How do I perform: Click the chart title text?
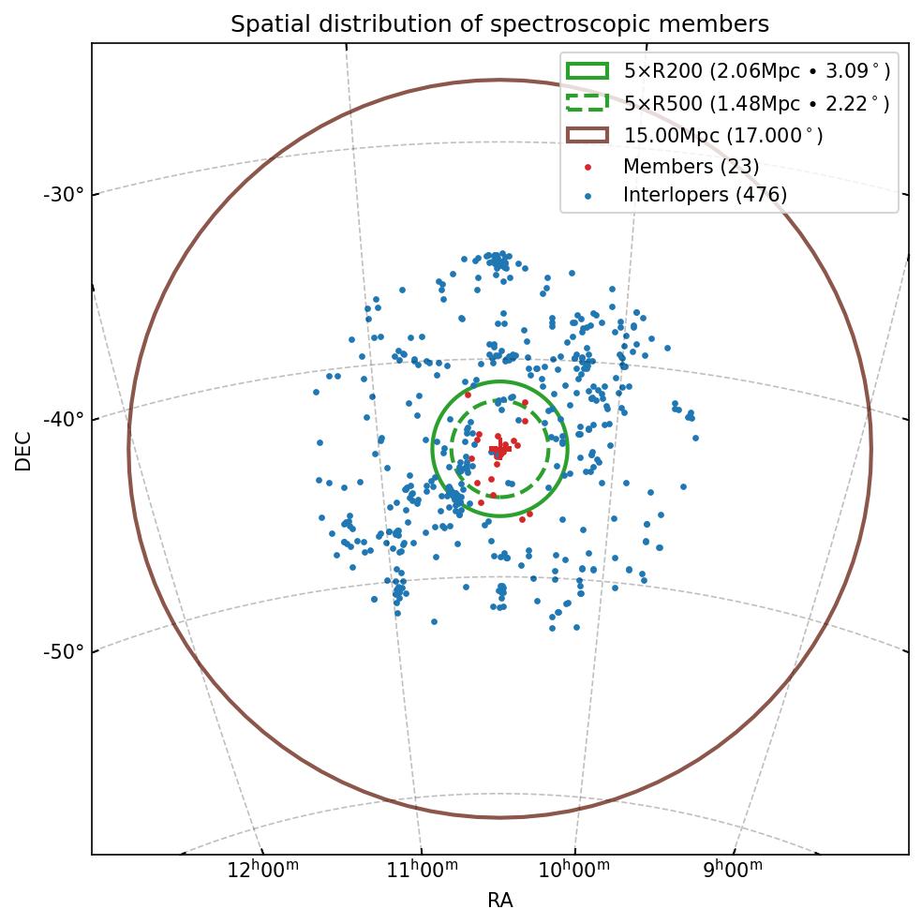pos(499,24)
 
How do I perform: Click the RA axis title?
pos(499,901)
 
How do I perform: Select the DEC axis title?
pos(23,451)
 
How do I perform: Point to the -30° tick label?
pos(64,195)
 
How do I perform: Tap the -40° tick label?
pos(64,418)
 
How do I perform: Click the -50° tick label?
pos(64,651)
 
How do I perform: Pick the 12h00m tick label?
pos(263,870)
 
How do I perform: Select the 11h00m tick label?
pos(423,870)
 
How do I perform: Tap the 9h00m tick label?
pos(734,870)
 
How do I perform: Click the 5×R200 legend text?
pos(756,71)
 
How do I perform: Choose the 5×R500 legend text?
pos(756,104)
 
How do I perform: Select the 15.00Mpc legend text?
pos(723,136)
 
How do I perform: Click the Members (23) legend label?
pos(691,167)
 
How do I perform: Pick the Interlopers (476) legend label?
pos(705,195)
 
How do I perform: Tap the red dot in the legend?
pos(587,168)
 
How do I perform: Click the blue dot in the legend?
pos(587,196)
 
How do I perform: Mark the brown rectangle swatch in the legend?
pos(587,136)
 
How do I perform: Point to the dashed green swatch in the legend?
pos(587,103)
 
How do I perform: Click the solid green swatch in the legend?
pos(587,71)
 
